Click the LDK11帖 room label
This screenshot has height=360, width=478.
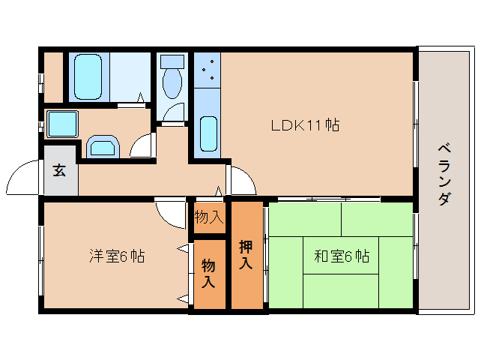[305, 125]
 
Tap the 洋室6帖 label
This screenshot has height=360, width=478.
[117, 256]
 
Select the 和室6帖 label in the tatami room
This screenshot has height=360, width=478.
[342, 256]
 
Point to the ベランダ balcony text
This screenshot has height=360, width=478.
[444, 174]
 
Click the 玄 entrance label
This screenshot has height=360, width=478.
[59, 170]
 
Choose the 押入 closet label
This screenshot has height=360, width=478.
[246, 255]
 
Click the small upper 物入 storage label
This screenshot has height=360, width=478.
[209, 217]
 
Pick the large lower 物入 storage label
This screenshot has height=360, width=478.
[208, 273]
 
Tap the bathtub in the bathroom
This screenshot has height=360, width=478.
[88, 77]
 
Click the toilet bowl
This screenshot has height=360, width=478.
[172, 82]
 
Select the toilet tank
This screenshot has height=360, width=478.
[172, 61]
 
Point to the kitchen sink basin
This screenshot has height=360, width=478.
[208, 133]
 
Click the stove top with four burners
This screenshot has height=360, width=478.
[208, 70]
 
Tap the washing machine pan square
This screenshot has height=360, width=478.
[62, 124]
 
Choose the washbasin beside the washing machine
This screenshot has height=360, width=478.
[103, 147]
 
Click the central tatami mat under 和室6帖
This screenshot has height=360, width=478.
[341, 255]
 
